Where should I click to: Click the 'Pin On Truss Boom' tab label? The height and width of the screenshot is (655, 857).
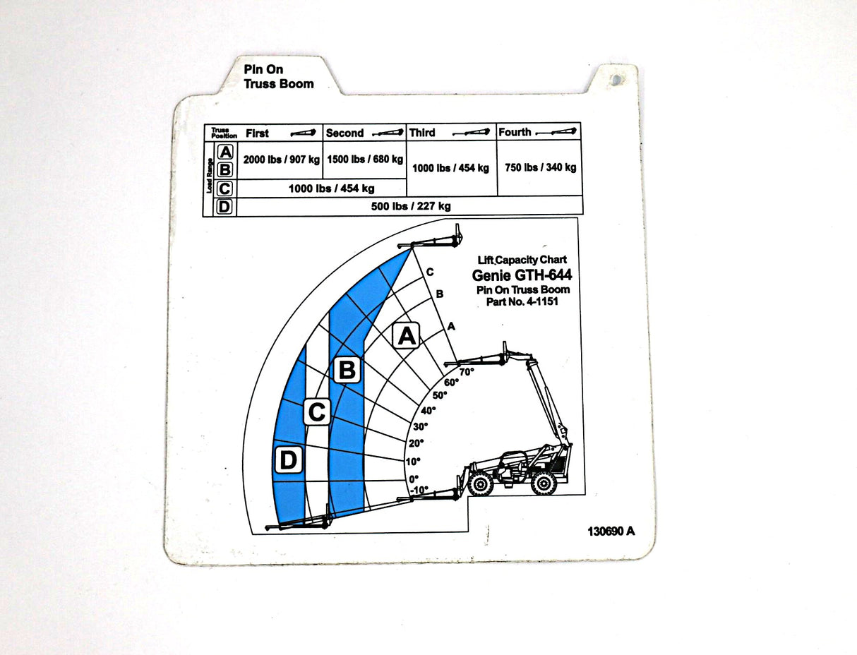[278, 76]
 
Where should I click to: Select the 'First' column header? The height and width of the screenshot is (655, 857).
[258, 133]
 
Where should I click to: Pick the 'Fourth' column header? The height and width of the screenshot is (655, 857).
[515, 132]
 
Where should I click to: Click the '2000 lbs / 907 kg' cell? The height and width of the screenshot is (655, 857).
[281, 160]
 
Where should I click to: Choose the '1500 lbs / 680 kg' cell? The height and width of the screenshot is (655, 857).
[365, 159]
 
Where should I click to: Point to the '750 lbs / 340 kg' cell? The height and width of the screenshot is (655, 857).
[540, 167]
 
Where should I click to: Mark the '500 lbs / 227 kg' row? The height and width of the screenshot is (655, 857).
[411, 206]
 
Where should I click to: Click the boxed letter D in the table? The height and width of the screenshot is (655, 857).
[224, 207]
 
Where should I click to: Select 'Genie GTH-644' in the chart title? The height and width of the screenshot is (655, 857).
[522, 275]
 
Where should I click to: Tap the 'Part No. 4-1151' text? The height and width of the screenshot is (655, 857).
[522, 302]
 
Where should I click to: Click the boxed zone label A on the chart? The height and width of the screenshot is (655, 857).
[407, 336]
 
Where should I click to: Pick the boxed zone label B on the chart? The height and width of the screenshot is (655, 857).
[347, 369]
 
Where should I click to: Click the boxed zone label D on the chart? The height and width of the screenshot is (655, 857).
[288, 460]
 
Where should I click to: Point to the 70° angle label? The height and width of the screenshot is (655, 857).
[466, 371]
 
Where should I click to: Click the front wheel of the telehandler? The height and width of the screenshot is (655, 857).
[481, 483]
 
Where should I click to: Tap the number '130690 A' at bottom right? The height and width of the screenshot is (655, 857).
[611, 531]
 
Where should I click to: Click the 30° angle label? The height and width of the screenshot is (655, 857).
[421, 426]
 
